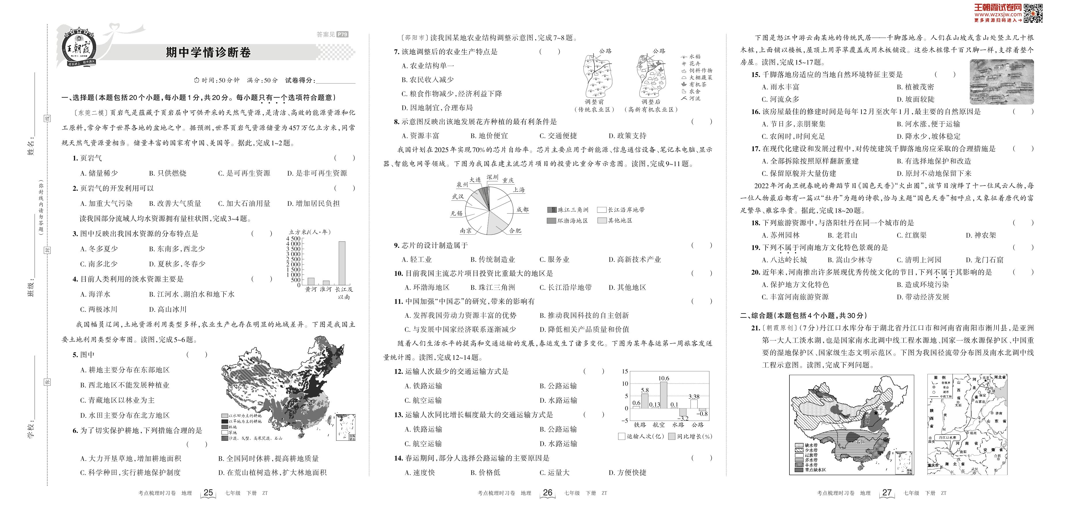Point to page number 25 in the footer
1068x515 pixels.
coord(208,493)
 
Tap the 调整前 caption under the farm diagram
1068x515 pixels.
coord(594,102)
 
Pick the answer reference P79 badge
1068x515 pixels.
coord(342,34)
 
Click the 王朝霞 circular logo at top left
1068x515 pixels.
coord(79,48)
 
